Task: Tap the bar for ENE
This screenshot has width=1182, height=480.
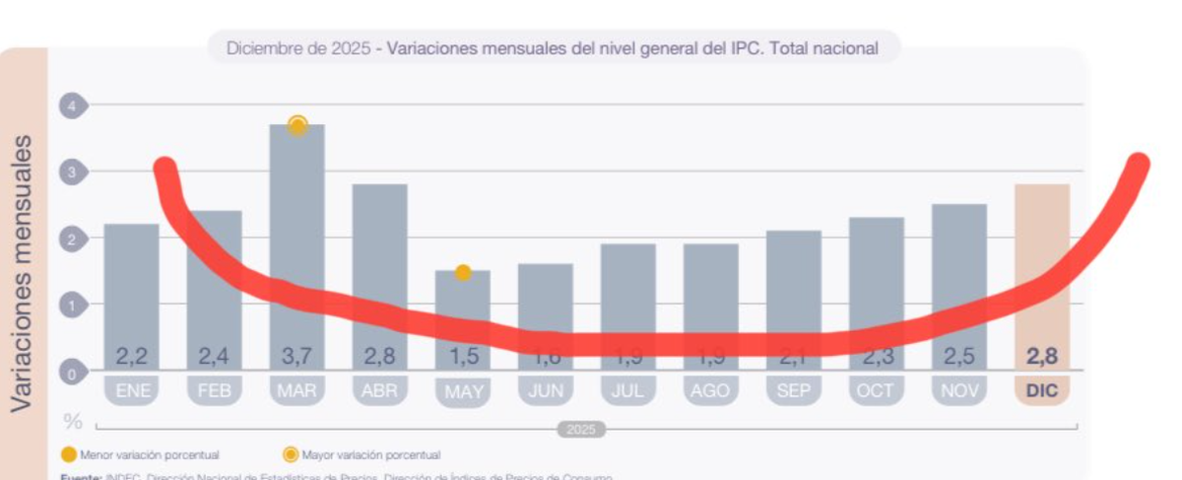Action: [131, 286]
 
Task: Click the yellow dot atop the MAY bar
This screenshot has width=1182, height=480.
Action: [462, 273]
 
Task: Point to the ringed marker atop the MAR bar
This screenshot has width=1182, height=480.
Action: [297, 125]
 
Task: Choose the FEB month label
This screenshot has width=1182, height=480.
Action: [214, 391]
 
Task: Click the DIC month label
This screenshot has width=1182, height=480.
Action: [1041, 391]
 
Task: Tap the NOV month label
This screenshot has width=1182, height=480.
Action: [958, 391]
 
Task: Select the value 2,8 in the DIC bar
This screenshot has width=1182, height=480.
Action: [1041, 357]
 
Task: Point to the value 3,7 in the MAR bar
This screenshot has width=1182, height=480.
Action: [296, 357]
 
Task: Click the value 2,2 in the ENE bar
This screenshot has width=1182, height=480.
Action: [131, 357]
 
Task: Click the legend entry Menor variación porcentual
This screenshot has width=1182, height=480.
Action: [148, 454]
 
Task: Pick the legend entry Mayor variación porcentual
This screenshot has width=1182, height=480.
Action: [369, 454]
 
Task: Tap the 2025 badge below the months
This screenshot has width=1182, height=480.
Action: [581, 430]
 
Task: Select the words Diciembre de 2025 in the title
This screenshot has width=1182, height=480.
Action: [297, 47]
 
